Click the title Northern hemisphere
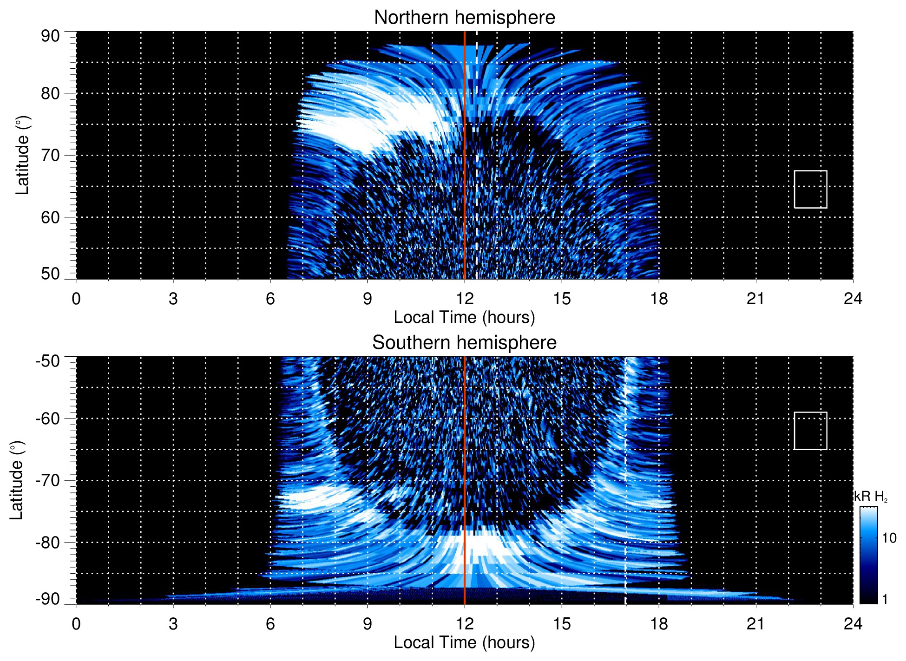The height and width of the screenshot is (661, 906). coord(464,18)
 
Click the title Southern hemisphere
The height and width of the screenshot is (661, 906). coord(464,343)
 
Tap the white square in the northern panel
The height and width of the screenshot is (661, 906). coord(810,189)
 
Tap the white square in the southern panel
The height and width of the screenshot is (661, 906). coord(810,431)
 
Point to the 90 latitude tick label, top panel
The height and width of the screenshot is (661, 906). coord(50,36)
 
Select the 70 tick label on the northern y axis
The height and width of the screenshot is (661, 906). coord(50,155)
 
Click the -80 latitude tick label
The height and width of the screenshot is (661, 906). coord(48,543)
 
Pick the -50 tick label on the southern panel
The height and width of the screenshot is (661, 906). coord(48,361)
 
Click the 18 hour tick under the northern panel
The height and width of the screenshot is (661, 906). coord(658,299)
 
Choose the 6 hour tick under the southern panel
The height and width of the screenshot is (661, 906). coord(270,624)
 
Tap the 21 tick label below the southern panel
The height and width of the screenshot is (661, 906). coord(755,624)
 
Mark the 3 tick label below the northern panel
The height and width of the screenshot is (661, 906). coord(173,299)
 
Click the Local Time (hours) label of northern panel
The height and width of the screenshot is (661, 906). coord(464,318)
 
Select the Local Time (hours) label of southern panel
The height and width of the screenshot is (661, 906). coord(464,643)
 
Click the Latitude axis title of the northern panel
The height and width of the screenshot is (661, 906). coord(22,155)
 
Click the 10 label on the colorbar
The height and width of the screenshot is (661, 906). coord(889,538)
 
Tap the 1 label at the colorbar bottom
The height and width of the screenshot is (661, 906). coord(885,599)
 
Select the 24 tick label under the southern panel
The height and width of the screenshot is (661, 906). coord(853,624)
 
